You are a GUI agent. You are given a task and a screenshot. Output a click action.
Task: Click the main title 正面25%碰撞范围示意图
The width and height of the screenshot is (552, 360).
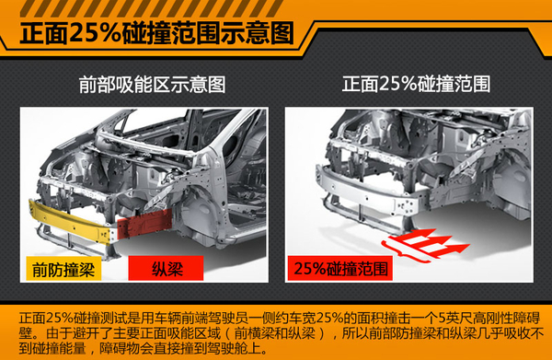click(x=157, y=34)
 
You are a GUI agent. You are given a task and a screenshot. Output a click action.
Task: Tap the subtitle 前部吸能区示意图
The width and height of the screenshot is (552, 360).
click(x=152, y=85)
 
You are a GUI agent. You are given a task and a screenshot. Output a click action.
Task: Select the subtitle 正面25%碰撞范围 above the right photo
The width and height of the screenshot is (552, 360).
click(x=416, y=84)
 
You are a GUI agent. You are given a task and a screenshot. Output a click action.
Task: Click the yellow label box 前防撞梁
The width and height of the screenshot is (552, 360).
click(x=63, y=269)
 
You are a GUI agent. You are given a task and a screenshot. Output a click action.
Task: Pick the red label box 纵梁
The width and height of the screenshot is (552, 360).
click(x=166, y=269)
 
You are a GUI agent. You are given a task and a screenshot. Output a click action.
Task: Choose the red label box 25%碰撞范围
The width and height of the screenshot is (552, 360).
click(x=340, y=269)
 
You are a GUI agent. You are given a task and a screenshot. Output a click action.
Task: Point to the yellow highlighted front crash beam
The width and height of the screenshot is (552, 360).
click(x=71, y=221)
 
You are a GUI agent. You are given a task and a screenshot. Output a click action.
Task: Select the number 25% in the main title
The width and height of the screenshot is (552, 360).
click(x=96, y=34)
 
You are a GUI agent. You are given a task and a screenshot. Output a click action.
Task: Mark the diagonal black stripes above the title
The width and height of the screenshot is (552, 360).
click(x=152, y=7)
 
